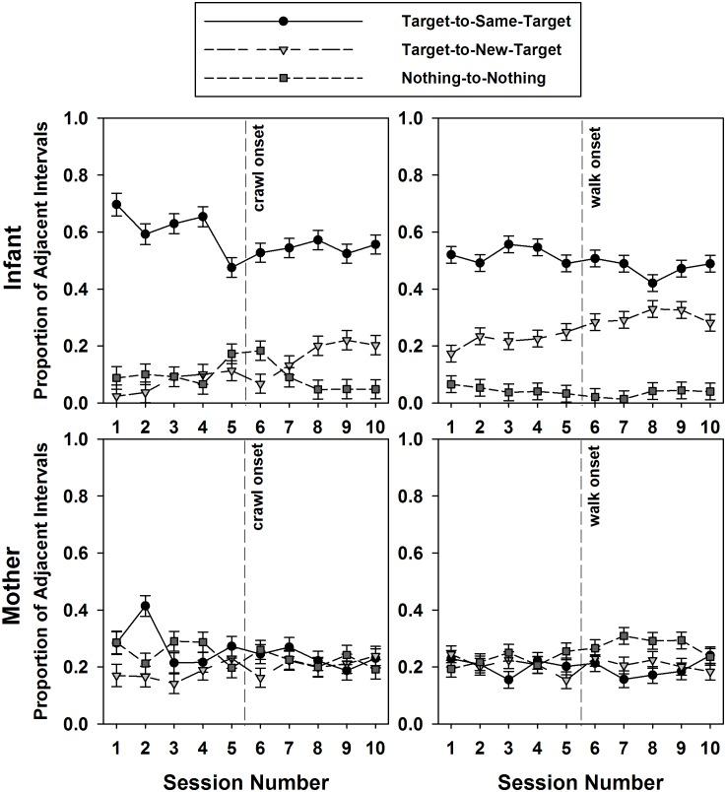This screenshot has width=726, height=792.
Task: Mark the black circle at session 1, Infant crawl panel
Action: tap(117, 205)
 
